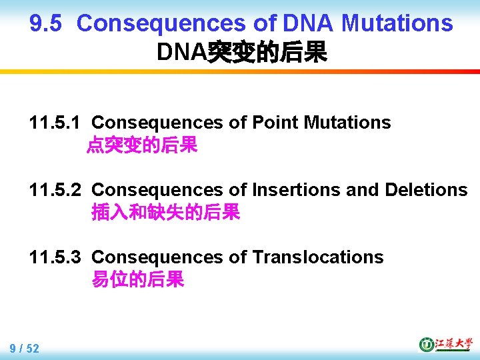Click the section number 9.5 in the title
[46, 24]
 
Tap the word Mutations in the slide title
[397, 24]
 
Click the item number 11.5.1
[55, 123]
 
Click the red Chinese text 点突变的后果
[142, 145]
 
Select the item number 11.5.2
[55, 190]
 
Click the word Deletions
[426, 190]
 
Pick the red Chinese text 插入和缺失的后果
[165, 213]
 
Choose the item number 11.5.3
[55, 257]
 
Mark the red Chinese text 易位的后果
[137, 280]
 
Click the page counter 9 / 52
[25, 348]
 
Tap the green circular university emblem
[426, 344]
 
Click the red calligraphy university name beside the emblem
[453, 344]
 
